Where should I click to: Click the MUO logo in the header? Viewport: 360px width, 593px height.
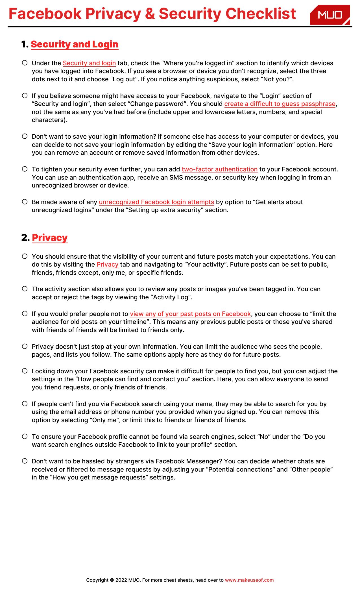[x=330, y=15]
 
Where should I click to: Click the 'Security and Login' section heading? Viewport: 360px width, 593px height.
[x=75, y=44]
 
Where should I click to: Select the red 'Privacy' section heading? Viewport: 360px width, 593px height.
[x=50, y=237]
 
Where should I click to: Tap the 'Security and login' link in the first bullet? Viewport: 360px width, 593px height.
[x=89, y=63]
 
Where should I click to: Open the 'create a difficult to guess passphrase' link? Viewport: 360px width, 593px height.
[x=280, y=104]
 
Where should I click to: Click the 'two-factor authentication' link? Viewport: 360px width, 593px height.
[x=219, y=169]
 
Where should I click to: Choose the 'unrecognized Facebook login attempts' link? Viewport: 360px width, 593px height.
[x=156, y=202]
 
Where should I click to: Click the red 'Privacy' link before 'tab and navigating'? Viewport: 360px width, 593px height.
[x=107, y=265]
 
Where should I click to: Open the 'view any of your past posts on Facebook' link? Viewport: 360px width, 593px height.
[x=190, y=314]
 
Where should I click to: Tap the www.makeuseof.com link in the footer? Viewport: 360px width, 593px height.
[x=249, y=580]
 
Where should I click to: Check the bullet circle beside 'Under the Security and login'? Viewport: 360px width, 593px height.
[x=25, y=63]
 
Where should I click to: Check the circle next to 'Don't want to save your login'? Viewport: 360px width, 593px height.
[x=25, y=136]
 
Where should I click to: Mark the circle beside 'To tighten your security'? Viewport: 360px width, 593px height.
[x=25, y=169]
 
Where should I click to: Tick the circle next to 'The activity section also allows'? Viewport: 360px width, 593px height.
[x=25, y=289]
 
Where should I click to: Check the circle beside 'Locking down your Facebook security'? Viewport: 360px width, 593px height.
[x=25, y=371]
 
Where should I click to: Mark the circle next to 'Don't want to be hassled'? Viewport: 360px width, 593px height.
[x=25, y=461]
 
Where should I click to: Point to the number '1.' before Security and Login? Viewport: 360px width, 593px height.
[x=25, y=44]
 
